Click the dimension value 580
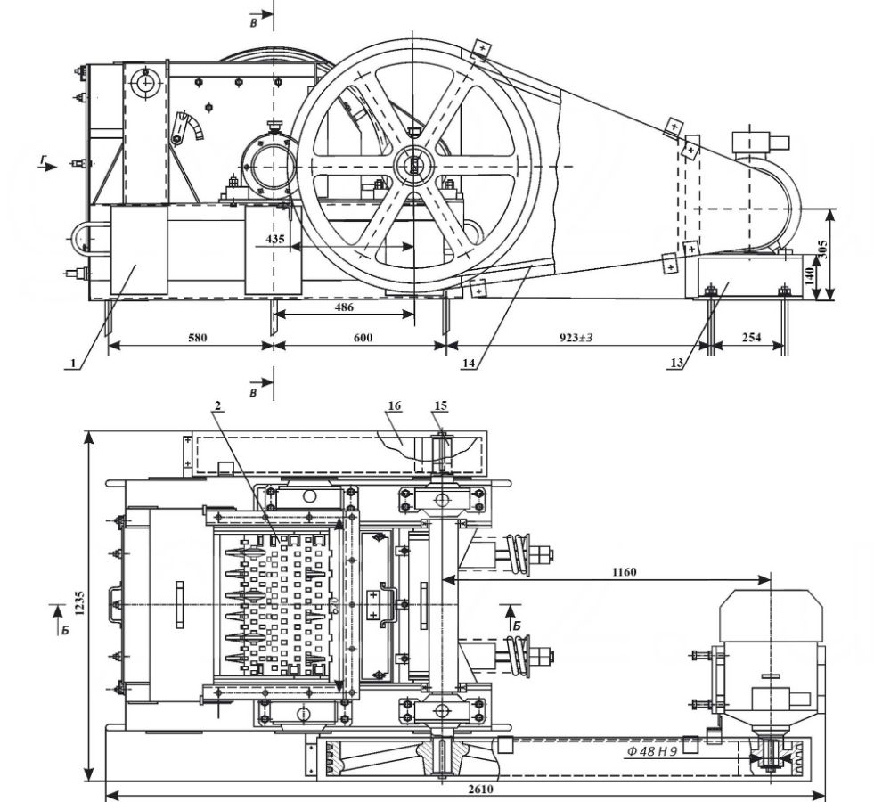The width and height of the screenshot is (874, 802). [x=197, y=338]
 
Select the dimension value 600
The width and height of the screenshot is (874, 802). [x=363, y=338]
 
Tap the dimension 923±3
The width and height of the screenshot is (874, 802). [x=576, y=338]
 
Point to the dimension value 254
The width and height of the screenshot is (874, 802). [x=751, y=338]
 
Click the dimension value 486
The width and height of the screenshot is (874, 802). [x=344, y=307]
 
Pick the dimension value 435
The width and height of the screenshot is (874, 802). [x=274, y=239]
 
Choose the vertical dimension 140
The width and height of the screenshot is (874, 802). [x=810, y=275]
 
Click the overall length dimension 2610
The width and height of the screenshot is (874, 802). [x=480, y=790]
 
